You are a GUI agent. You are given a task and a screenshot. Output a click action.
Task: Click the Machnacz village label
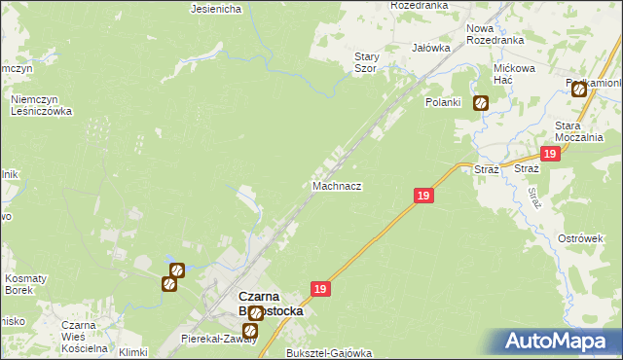click(x=338, y=185)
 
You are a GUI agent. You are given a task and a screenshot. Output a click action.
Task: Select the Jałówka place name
click(x=430, y=47)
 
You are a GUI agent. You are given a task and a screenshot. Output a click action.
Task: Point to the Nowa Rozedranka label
click(x=494, y=35)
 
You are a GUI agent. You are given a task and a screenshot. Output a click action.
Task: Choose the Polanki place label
click(x=442, y=102)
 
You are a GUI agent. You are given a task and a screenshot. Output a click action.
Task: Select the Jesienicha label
click(x=216, y=9)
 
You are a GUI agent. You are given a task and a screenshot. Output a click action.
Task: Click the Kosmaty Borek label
click(x=25, y=284)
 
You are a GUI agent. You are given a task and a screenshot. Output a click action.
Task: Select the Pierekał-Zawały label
click(x=219, y=339)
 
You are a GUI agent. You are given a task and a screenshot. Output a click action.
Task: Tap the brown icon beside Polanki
click(x=481, y=102)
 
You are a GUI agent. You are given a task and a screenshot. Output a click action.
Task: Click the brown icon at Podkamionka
click(x=579, y=90)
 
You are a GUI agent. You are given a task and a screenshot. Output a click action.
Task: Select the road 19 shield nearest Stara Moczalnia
click(x=551, y=155)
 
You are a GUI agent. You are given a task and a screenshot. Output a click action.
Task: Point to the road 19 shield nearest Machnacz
click(x=422, y=196)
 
